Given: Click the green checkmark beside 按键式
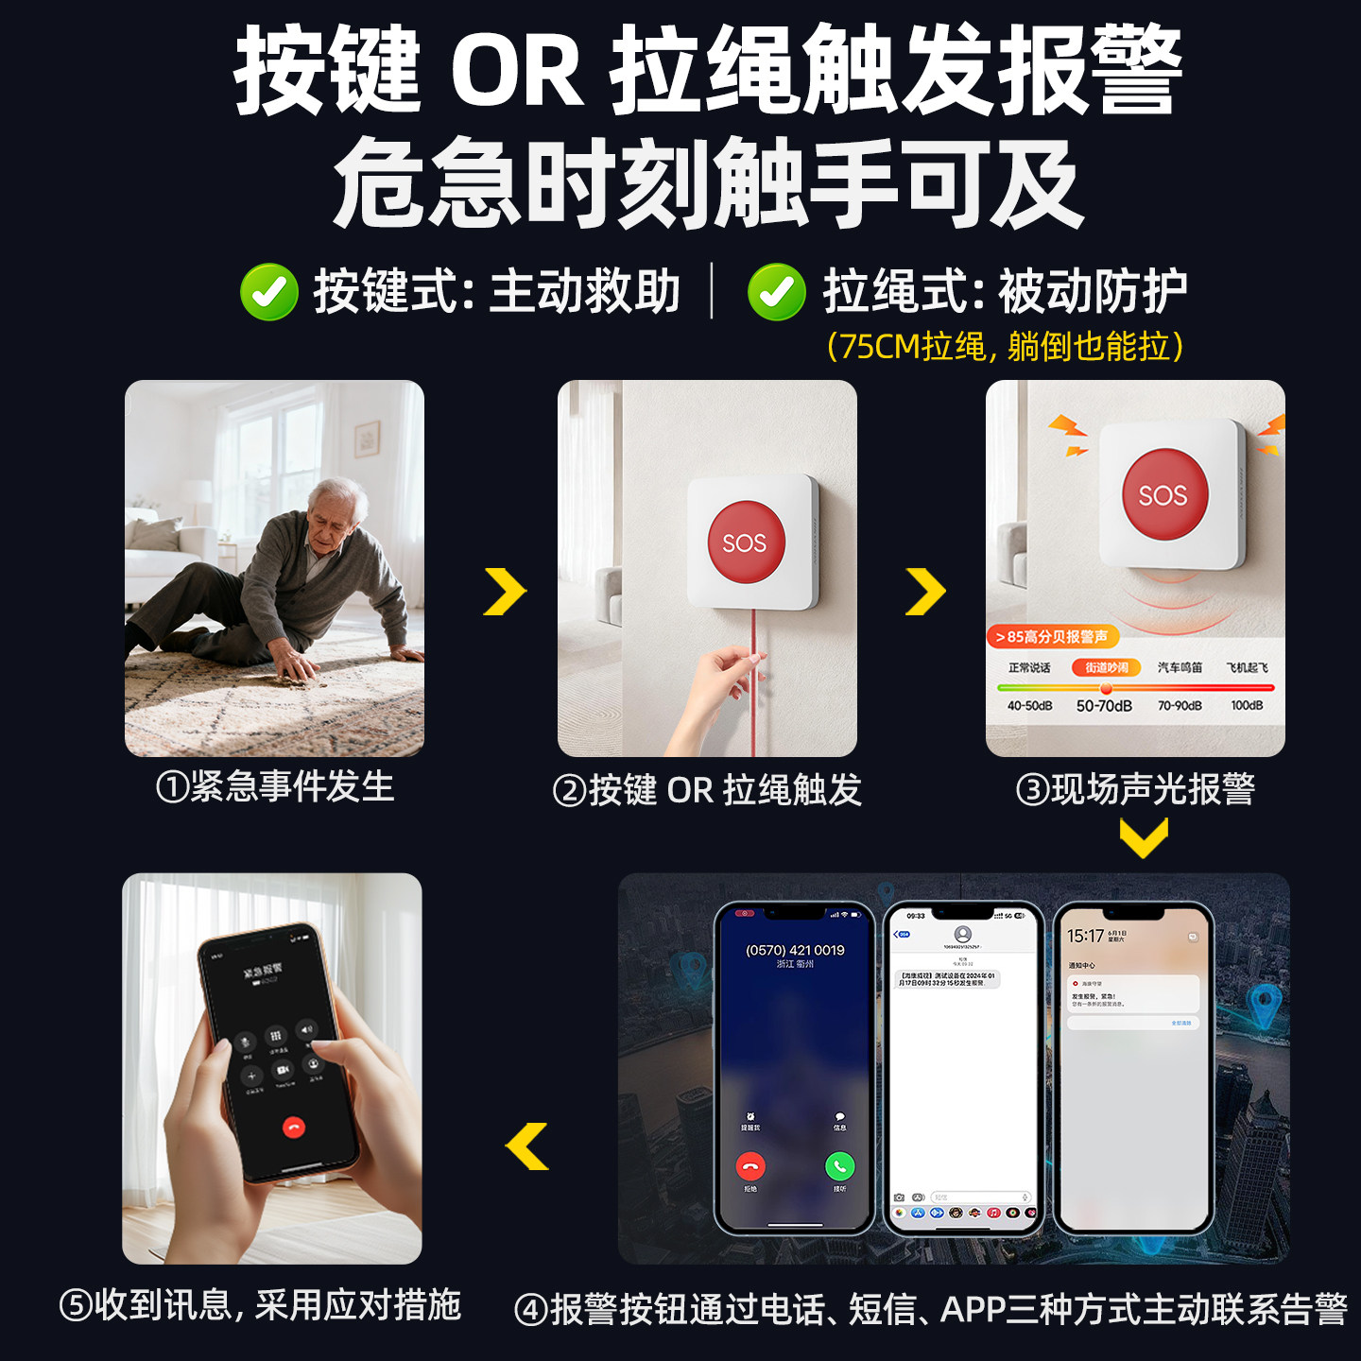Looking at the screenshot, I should [x=269, y=292].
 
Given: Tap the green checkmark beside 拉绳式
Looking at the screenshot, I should [x=776, y=292].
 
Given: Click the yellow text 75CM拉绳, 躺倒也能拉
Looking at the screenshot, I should [x=1005, y=347].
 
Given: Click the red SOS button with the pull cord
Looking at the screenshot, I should [x=746, y=542].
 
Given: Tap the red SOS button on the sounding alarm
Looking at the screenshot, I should [x=1164, y=493].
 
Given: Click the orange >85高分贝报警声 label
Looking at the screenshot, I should [x=1052, y=637].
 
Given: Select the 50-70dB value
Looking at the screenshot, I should [x=1104, y=706].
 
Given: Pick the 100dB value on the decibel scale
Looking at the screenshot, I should [x=1247, y=706].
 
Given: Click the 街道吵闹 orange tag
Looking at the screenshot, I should [x=1106, y=667].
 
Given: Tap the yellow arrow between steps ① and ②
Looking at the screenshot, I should [x=505, y=592].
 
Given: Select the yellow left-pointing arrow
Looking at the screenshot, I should [x=527, y=1146].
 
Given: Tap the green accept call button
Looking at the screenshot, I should [x=839, y=1166].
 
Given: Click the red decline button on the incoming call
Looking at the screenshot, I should [x=750, y=1166].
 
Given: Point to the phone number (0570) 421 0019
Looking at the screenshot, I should [x=795, y=950].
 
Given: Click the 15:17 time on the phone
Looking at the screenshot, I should [x=1085, y=936].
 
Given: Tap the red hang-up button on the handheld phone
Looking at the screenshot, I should [x=294, y=1127].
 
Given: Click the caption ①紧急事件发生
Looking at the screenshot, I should [x=274, y=787].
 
